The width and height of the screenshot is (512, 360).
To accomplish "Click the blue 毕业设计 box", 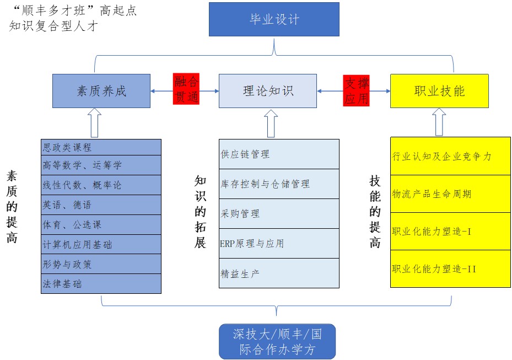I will (x=274, y=20).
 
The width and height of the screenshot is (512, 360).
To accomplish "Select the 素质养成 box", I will (x=101, y=91).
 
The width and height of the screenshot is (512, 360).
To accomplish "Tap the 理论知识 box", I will (x=268, y=91).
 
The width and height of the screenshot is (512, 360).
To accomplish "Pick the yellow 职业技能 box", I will (x=439, y=91).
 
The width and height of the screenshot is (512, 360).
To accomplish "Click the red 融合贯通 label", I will (x=186, y=89).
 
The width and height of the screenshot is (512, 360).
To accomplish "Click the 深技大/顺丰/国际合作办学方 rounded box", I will (x=277, y=341).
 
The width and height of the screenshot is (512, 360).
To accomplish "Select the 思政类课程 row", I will (x=101, y=147).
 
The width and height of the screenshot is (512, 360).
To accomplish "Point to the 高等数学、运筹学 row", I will (x=101, y=165).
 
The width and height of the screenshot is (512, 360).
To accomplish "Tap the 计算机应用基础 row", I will (x=101, y=244).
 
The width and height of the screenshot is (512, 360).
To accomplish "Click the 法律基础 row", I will (x=101, y=284).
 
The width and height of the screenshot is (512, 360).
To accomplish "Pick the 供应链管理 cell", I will (x=279, y=154).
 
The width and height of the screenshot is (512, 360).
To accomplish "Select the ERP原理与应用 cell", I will (x=279, y=243).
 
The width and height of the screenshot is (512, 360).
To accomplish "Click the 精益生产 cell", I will (x=279, y=273).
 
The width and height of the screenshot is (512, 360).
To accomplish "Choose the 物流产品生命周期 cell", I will (x=439, y=194).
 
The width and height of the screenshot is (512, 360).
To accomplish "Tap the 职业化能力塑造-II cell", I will (x=439, y=269).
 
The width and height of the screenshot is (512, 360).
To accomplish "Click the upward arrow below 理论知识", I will (x=271, y=123).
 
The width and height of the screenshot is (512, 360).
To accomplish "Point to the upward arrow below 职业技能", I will (x=439, y=122).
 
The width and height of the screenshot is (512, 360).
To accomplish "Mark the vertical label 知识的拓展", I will (x=200, y=212).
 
